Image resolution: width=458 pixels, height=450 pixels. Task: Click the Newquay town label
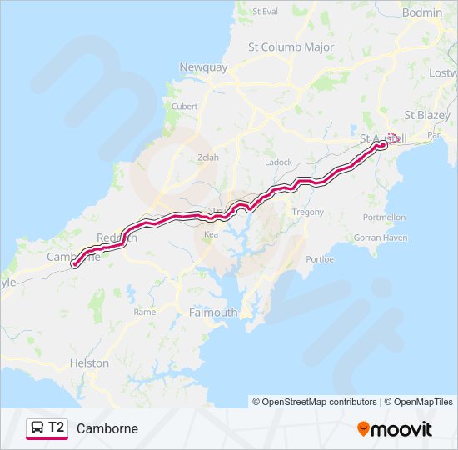[204, 67]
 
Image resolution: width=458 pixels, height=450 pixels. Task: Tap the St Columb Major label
[291, 47]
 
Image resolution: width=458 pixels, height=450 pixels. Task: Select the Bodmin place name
[421, 12]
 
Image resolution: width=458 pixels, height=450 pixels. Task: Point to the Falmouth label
[213, 312]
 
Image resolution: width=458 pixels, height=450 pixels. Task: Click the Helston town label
[89, 363]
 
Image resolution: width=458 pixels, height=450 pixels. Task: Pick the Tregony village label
[307, 212]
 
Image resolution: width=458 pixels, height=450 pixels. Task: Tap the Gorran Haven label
[380, 237]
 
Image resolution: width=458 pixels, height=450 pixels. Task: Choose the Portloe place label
[320, 259]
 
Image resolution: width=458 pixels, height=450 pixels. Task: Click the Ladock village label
[278, 162]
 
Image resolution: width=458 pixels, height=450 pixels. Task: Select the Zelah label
[207, 157]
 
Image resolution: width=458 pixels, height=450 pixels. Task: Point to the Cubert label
[184, 107]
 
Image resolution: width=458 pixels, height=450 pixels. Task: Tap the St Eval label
[264, 12]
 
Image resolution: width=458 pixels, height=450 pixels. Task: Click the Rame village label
[144, 312]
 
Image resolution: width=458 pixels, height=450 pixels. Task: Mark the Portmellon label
[383, 217]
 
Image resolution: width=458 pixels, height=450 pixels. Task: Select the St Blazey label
[426, 114]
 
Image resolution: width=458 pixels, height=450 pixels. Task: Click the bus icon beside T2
[37, 428]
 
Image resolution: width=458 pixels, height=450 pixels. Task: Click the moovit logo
[395, 429]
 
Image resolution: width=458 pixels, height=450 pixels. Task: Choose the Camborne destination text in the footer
[107, 429]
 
